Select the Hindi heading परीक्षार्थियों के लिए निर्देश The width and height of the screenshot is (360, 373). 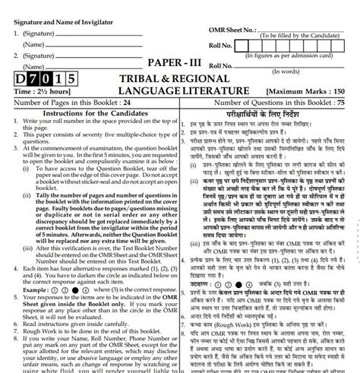265,112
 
